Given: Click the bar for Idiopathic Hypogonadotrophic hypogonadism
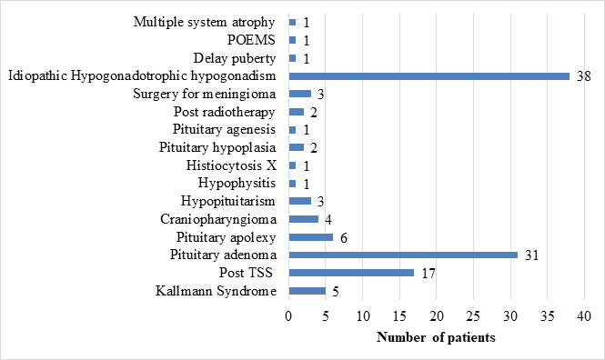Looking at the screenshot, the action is (429, 76).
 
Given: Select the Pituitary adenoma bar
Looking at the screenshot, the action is (403, 255).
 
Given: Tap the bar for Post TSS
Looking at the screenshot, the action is (351, 273).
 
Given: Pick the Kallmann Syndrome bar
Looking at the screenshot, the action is (308, 291).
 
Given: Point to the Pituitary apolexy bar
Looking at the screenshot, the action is (311, 237).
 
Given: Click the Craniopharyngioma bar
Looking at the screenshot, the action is (304, 219).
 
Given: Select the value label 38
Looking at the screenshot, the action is (584, 76).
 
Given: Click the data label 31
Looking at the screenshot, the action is (531, 255).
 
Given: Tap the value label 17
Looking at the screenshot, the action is (429, 274).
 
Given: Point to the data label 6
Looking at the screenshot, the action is (344, 238).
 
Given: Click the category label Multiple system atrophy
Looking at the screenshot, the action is (205, 23).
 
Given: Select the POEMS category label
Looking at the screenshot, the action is (251, 40).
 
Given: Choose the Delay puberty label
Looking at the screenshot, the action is (235, 58).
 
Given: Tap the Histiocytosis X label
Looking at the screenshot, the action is (231, 165).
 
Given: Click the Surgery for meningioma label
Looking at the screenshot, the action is (205, 94).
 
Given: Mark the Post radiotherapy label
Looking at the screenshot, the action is (224, 112).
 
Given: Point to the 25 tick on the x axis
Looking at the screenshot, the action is (473, 316).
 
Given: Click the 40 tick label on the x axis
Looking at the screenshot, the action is (584, 316).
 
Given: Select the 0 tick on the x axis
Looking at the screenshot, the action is (288, 316).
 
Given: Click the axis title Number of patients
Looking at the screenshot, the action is (436, 337).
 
